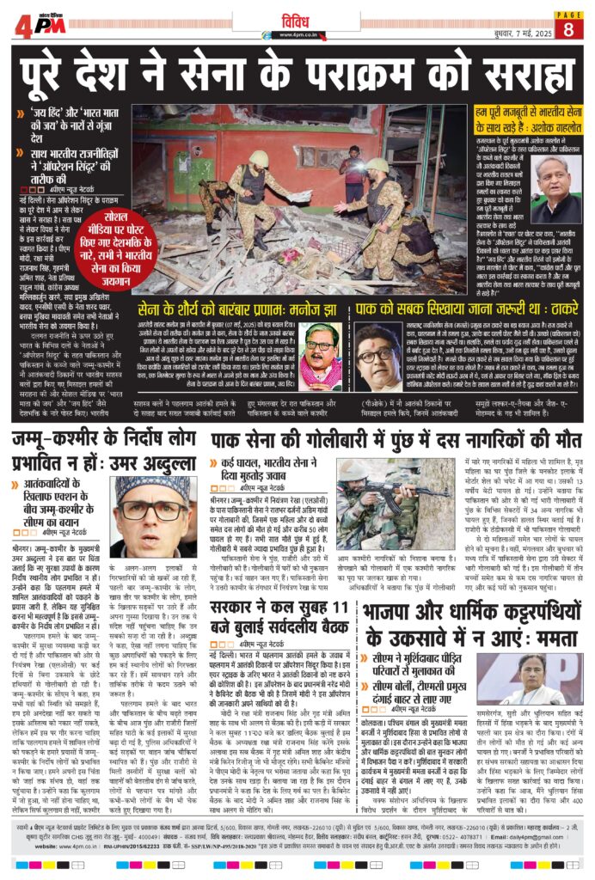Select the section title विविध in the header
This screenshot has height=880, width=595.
pyautogui.click(x=297, y=20)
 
